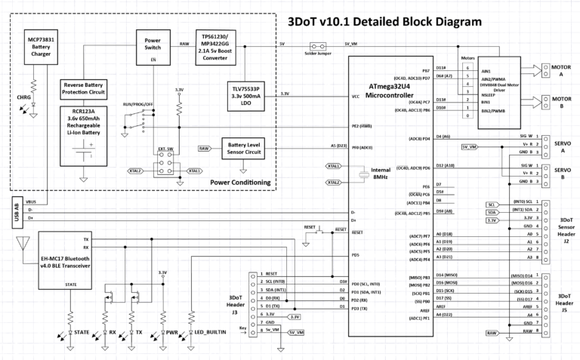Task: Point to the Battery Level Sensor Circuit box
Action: click(x=245, y=149)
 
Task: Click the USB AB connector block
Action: click(x=16, y=214)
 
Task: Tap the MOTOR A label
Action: click(x=559, y=70)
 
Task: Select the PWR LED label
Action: click(x=173, y=331)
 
